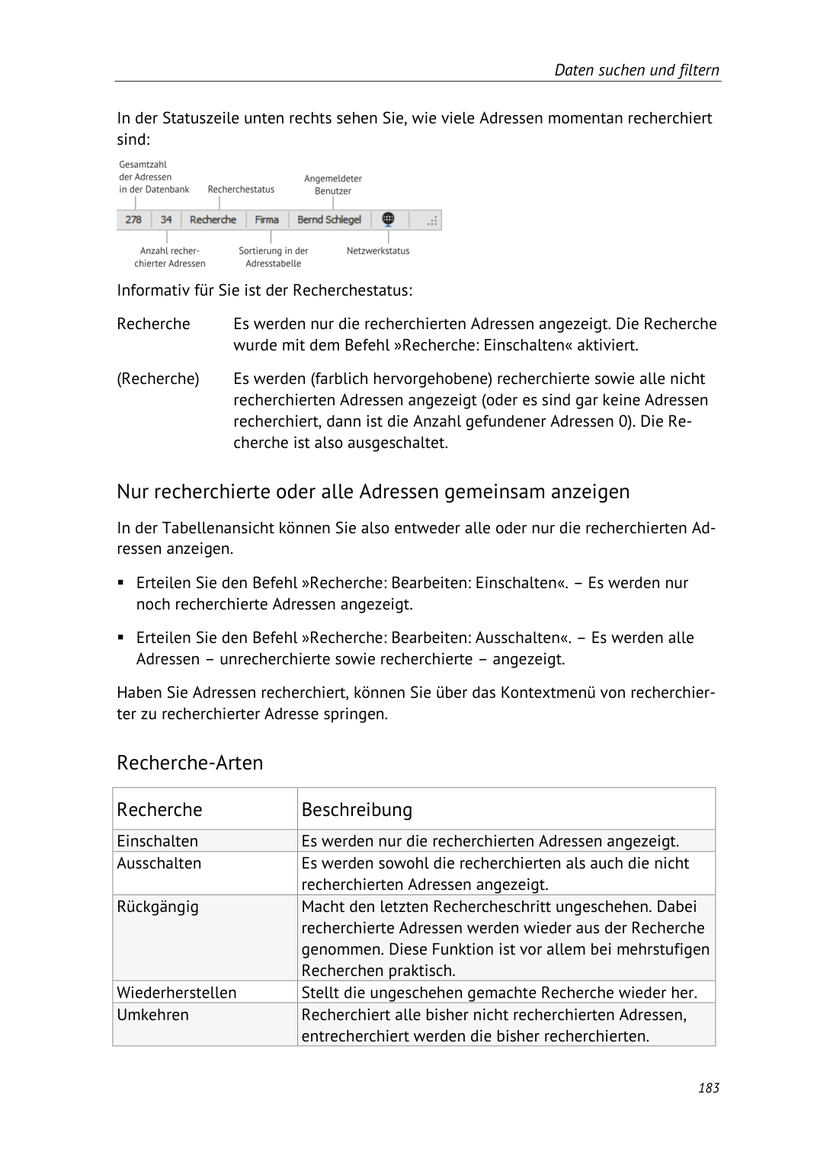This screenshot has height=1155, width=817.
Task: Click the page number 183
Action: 708,1087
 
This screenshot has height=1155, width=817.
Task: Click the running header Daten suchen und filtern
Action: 636,70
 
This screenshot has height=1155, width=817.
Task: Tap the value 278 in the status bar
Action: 133,219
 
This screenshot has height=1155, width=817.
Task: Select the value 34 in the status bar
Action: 166,219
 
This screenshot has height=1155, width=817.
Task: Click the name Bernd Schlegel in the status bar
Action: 329,219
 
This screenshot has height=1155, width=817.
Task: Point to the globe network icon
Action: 388,219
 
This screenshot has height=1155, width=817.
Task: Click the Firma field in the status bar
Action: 267,219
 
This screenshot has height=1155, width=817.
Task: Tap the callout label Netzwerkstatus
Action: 378,251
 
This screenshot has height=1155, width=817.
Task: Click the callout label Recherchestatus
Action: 241,189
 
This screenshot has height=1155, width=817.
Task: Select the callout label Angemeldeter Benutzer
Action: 333,184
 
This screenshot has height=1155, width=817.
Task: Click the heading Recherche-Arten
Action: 190,763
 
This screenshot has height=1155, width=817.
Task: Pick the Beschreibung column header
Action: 357,809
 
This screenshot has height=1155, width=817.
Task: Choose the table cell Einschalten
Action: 157,841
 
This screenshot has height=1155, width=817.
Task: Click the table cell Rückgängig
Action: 157,907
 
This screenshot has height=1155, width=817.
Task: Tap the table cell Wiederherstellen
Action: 176,993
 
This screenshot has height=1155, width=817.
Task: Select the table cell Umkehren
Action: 152,1015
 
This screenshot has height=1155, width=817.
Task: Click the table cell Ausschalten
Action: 159,863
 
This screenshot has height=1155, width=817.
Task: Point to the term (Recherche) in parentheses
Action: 158,379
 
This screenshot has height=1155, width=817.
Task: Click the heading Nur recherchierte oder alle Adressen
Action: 373,491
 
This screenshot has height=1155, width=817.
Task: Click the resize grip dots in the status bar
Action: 432,221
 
